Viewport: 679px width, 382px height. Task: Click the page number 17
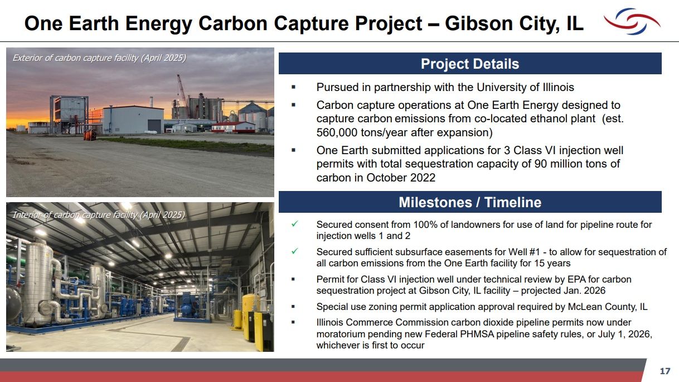pyautogui.click(x=665, y=371)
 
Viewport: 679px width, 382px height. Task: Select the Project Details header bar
pyautogui.click(x=469, y=64)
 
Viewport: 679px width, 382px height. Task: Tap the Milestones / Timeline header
pyautogui.click(x=469, y=202)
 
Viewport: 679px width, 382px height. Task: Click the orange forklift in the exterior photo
pyautogui.click(x=90, y=135)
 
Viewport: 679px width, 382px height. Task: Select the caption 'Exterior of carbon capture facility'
pyautogui.click(x=99, y=58)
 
